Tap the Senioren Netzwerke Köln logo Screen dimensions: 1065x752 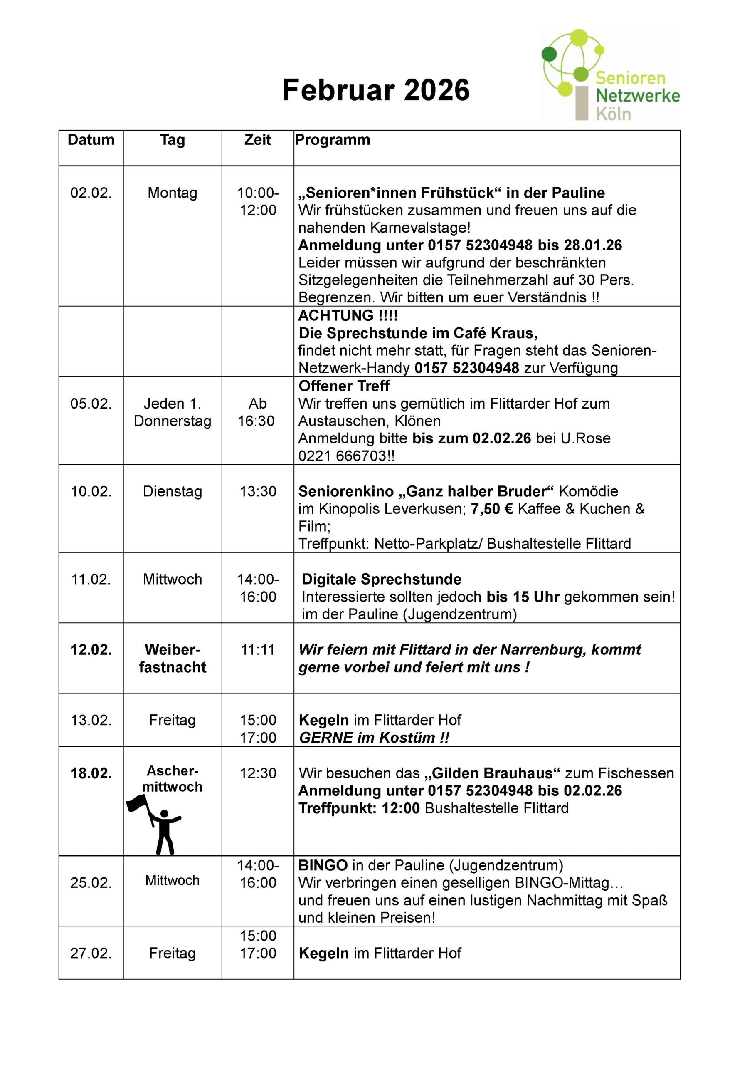click(610, 76)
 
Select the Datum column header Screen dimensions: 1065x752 click(91, 140)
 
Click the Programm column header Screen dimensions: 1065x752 click(333, 140)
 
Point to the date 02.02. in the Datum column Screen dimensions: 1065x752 click(91, 193)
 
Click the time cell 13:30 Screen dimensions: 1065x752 click(258, 491)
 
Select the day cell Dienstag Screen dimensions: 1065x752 click(173, 491)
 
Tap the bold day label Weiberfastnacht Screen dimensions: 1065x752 click(173, 658)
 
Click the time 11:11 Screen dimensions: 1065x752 click(258, 649)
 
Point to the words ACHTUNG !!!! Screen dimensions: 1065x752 click(348, 315)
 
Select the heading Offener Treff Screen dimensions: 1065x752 click(344, 386)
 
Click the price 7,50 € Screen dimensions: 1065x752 click(492, 509)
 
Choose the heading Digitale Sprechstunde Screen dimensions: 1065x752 click(382, 580)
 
